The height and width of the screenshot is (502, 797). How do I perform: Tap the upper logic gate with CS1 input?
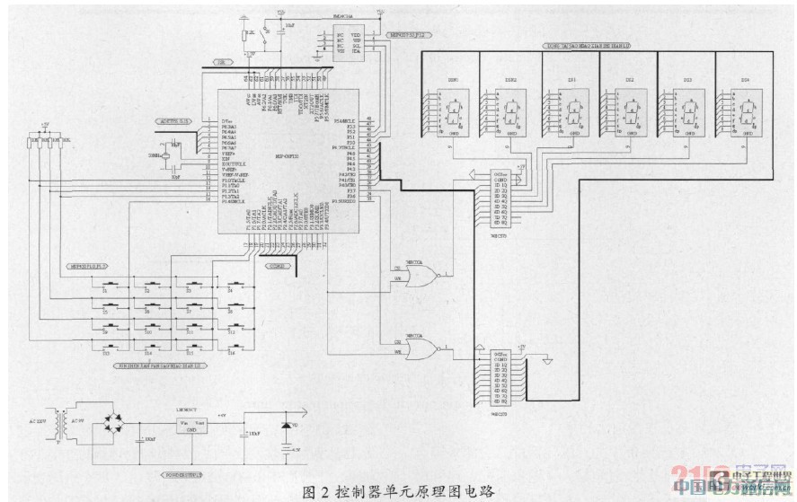click(x=421, y=274)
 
